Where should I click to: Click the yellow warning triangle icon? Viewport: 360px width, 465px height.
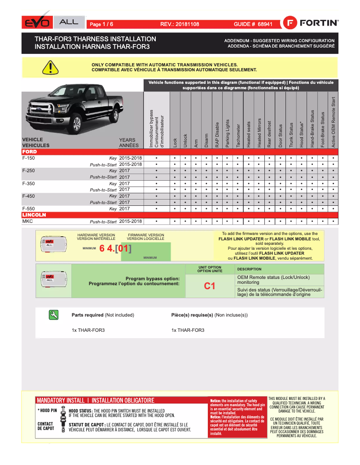pyautogui.click(x=50, y=67)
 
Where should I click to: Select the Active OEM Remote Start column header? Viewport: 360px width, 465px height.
pyautogui.click(x=333, y=121)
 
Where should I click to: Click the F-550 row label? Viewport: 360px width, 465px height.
pyautogui.click(x=28, y=209)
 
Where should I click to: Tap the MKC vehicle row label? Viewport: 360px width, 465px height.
pyautogui.click(x=28, y=222)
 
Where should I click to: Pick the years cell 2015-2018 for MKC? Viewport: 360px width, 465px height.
pyautogui.click(x=131, y=222)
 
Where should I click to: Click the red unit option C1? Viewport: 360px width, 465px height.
pyautogui.click(x=210, y=286)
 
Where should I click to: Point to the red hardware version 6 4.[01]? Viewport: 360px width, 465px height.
pyautogui.click(x=115, y=248)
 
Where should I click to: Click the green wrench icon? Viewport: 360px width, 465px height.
pyautogui.click(x=54, y=315)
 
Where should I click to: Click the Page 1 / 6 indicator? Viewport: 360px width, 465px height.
pyautogui.click(x=101, y=24)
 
